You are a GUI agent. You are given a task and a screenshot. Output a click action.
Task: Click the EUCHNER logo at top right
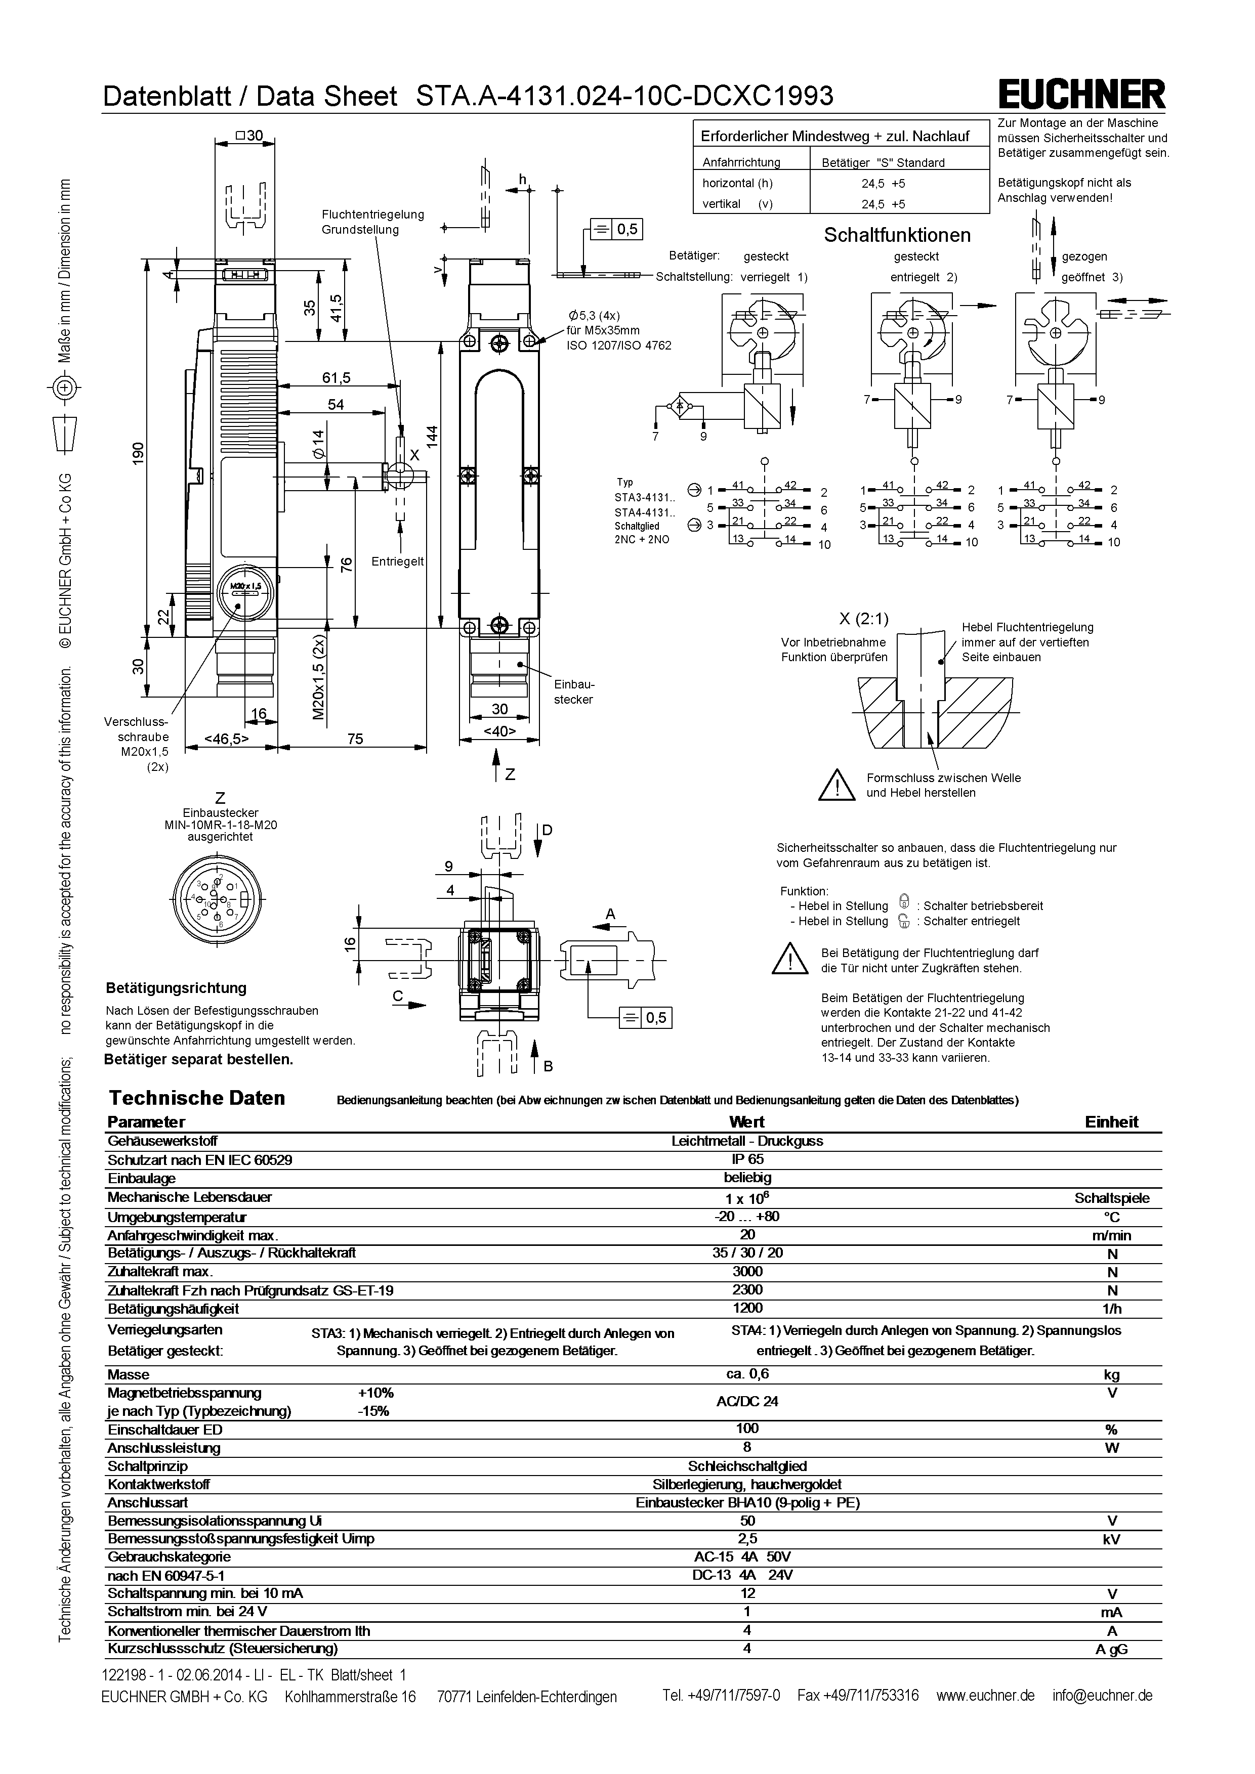1082,95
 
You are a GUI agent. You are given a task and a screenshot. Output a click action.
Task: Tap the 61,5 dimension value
336,378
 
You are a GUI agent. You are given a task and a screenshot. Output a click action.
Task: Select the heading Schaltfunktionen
896,235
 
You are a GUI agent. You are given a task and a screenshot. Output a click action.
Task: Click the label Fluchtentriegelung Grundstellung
372,222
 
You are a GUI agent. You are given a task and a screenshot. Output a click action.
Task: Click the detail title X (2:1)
863,618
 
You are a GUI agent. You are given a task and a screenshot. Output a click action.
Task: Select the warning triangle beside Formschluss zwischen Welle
836,785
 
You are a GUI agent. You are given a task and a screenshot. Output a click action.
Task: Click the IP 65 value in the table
747,1160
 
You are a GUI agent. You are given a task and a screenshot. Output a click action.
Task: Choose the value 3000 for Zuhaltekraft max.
747,1271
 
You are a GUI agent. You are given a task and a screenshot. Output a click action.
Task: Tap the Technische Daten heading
197,1098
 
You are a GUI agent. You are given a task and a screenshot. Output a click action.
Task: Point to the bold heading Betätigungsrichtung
176,987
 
